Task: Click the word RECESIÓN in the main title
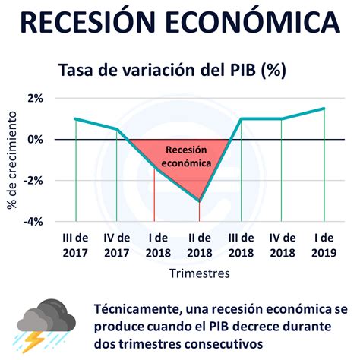click(x=96, y=23)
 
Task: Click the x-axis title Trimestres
click(x=199, y=270)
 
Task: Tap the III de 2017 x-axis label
click(x=75, y=245)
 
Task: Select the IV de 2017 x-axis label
click(x=116, y=245)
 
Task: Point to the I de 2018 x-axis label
click(x=158, y=245)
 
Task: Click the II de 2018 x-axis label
click(x=199, y=245)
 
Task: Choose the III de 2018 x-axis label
click(x=241, y=245)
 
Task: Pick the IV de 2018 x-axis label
click(x=282, y=245)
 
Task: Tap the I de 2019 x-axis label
click(x=324, y=245)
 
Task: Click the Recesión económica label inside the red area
click(x=188, y=156)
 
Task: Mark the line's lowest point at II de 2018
click(x=200, y=201)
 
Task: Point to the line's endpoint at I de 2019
click(x=324, y=108)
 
